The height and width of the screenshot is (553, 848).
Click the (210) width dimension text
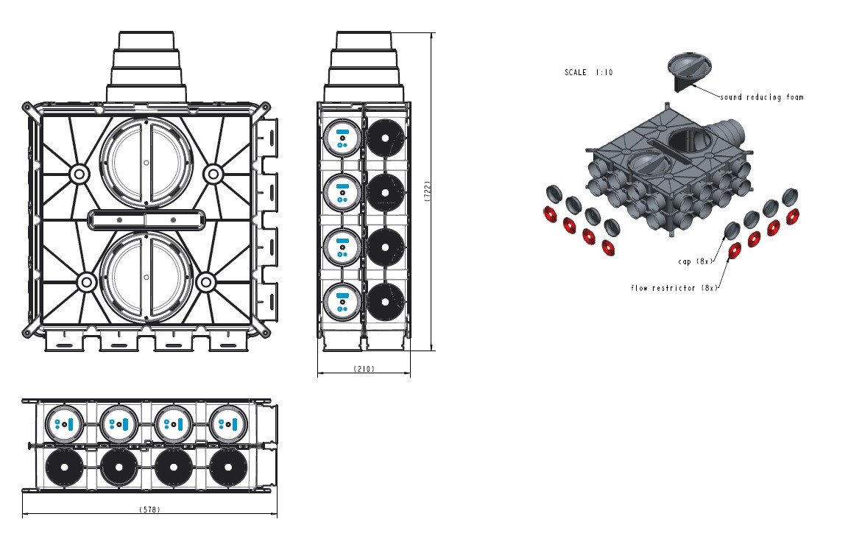364,369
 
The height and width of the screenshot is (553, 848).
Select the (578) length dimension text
150,510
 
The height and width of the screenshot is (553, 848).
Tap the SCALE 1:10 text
588,73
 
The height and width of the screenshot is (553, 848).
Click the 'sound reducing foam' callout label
761,97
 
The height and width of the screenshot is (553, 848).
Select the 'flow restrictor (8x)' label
674,288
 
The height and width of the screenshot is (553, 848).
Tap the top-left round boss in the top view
78,175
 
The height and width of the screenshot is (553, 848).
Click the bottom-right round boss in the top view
206,281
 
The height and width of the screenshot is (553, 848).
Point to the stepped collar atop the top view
146,66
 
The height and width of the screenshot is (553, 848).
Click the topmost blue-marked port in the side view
342,138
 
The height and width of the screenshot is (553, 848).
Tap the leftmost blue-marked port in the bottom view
64,423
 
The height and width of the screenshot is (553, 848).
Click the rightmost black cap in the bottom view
228,468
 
